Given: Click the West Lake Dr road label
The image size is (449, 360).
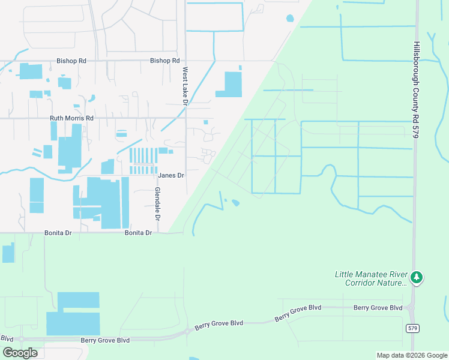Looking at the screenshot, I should [x=185, y=85].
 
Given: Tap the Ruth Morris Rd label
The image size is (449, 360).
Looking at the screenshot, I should [x=72, y=119].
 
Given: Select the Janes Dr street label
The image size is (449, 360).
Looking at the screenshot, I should [x=170, y=175].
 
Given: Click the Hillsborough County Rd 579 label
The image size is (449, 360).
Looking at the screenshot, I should [x=416, y=90].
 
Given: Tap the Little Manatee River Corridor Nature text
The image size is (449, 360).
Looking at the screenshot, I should [x=370, y=278].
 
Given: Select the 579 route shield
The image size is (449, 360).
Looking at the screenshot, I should [x=412, y=328].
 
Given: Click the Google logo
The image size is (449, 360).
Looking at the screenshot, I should [x=20, y=353].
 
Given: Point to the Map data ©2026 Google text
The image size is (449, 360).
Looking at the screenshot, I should [x=411, y=355].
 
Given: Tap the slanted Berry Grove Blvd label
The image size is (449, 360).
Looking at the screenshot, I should [x=298, y=313].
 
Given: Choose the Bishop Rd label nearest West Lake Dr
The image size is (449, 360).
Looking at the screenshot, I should [x=165, y=61].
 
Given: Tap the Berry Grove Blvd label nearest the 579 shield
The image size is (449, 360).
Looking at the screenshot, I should [x=378, y=308].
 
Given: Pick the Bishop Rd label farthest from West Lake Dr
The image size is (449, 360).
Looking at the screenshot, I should [x=71, y=61].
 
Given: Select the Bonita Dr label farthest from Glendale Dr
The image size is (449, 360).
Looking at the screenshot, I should [x=58, y=233].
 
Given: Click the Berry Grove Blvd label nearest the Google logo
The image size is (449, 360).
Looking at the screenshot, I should [x=105, y=340].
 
